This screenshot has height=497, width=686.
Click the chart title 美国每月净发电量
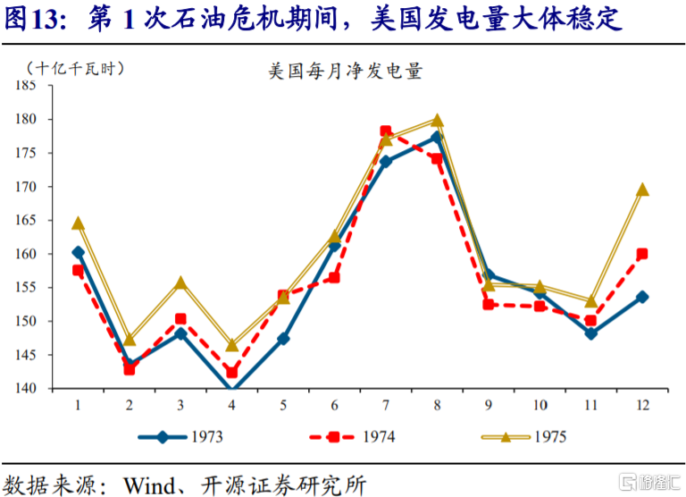click(345, 72)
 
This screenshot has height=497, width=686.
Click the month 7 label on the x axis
click(386, 405)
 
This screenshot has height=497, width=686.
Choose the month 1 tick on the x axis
click(78, 405)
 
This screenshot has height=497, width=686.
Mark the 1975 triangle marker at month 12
click(642, 190)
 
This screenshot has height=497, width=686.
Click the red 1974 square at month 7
click(386, 131)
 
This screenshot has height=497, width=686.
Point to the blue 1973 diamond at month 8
click(437, 137)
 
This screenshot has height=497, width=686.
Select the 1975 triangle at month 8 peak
click(438, 120)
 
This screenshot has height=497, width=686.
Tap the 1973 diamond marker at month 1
click(79, 252)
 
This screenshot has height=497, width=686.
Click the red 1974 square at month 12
click(642, 254)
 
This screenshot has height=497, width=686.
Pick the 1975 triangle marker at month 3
click(180, 282)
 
